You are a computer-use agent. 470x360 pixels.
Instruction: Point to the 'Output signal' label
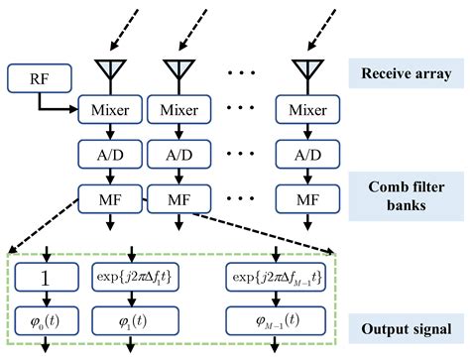pos(407,326)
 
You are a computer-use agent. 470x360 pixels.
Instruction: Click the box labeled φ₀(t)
pos(46,321)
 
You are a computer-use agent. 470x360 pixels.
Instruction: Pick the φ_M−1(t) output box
pos(280,321)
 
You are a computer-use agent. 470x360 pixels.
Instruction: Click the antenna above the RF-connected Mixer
pos(108,70)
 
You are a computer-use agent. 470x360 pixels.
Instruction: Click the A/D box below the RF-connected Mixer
pos(108,156)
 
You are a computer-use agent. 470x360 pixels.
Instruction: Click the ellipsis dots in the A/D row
pos(241,156)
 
